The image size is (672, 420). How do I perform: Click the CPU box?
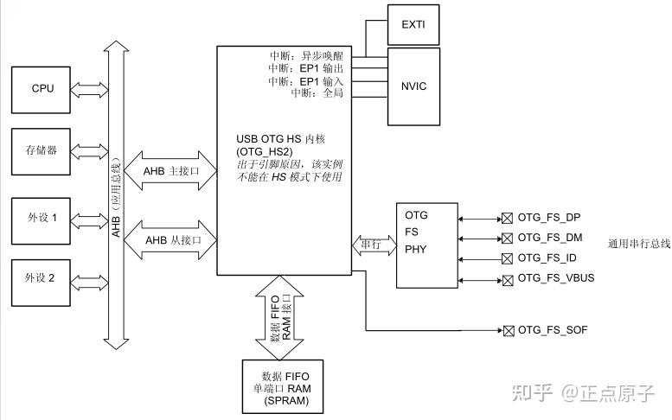42,87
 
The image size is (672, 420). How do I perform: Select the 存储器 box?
42,150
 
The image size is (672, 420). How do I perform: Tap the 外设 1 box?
42,217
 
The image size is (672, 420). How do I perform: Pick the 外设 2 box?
42,278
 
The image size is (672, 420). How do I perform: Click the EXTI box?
413,25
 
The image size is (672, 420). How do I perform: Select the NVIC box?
413,86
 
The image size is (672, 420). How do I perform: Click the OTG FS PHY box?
426,246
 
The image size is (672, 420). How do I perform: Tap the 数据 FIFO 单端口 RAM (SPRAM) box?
281,387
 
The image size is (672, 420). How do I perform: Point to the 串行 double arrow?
372,245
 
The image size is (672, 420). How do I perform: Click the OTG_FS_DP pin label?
550,217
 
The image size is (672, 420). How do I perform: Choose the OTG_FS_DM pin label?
550,237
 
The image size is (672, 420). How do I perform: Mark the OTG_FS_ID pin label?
547,258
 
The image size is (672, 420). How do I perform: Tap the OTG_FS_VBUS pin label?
555,277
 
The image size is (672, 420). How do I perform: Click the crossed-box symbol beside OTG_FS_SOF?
508,330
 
